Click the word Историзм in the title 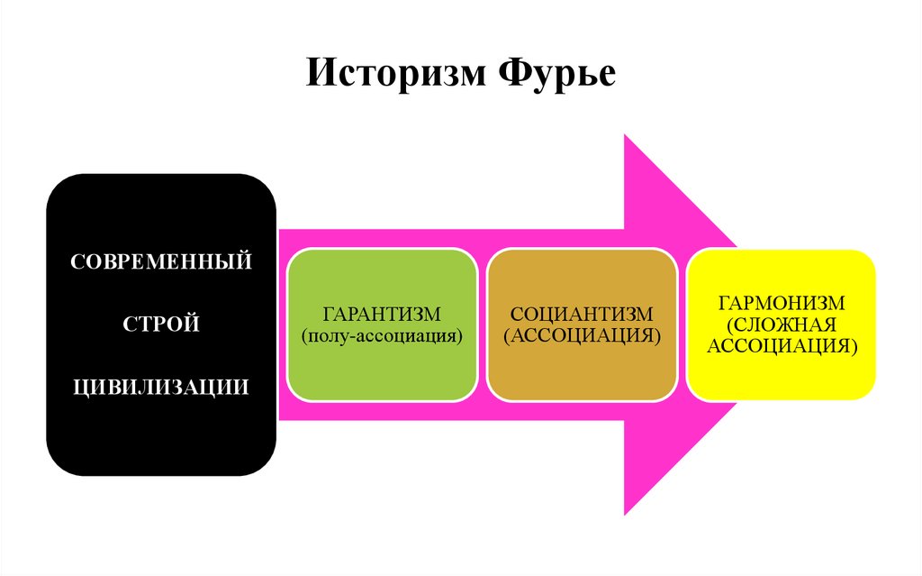[393, 73]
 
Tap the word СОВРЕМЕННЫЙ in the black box [161, 263]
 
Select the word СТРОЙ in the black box [161, 324]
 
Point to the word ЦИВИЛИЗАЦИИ [161, 386]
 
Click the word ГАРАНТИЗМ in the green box [382, 315]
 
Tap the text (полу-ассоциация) [382, 335]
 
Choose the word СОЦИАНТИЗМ [581, 315]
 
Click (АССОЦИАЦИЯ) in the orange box [581, 335]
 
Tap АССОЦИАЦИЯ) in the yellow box [781, 344]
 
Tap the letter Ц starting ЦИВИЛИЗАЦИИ [79, 387]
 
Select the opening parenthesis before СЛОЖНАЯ [727, 325]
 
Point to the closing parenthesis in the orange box [658, 336]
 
